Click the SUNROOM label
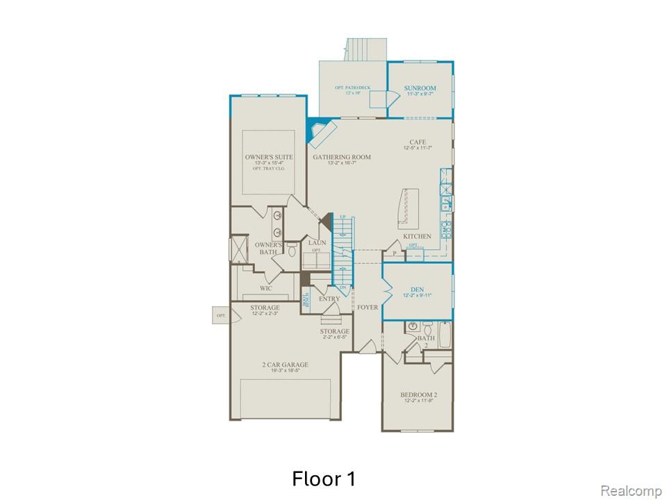tap(420, 88)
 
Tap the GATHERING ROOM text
tap(341, 158)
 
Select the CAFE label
tap(417, 142)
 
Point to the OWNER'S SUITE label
tap(268, 158)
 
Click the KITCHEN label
tap(417, 237)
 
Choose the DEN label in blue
tap(417, 289)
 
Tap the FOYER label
tap(367, 307)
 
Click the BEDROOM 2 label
tap(418, 395)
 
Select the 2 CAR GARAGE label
tap(285, 365)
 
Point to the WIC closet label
tap(266, 288)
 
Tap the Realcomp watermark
tap(630, 491)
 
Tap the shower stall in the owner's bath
tap(241, 249)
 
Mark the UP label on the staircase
tap(343, 218)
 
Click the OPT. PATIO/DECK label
tap(352, 87)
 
